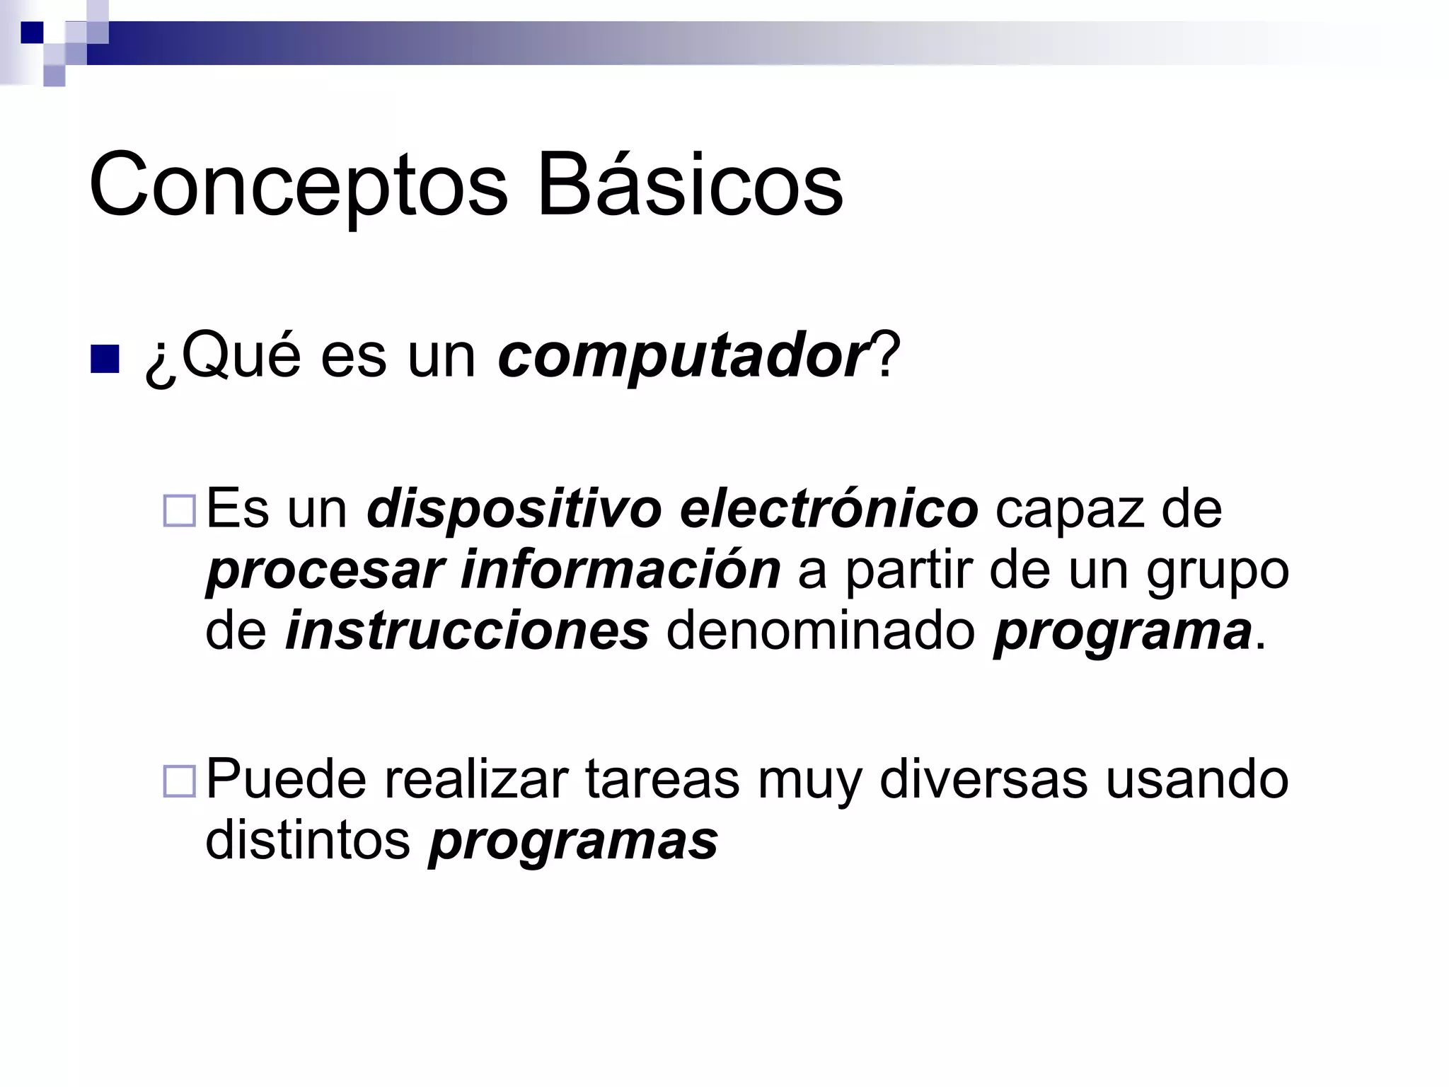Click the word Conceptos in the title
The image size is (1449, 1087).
click(x=298, y=185)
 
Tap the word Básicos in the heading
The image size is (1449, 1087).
click(x=690, y=185)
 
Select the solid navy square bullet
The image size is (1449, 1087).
click(x=105, y=360)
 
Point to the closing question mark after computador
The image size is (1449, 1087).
click(x=887, y=355)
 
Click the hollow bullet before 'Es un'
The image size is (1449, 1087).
click(x=179, y=511)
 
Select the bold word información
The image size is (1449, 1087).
click(x=620, y=570)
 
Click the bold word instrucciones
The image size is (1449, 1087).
click(x=467, y=631)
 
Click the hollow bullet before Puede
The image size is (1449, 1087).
click(x=179, y=781)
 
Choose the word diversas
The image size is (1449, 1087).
click(x=983, y=780)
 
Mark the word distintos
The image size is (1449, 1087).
click(x=308, y=841)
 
